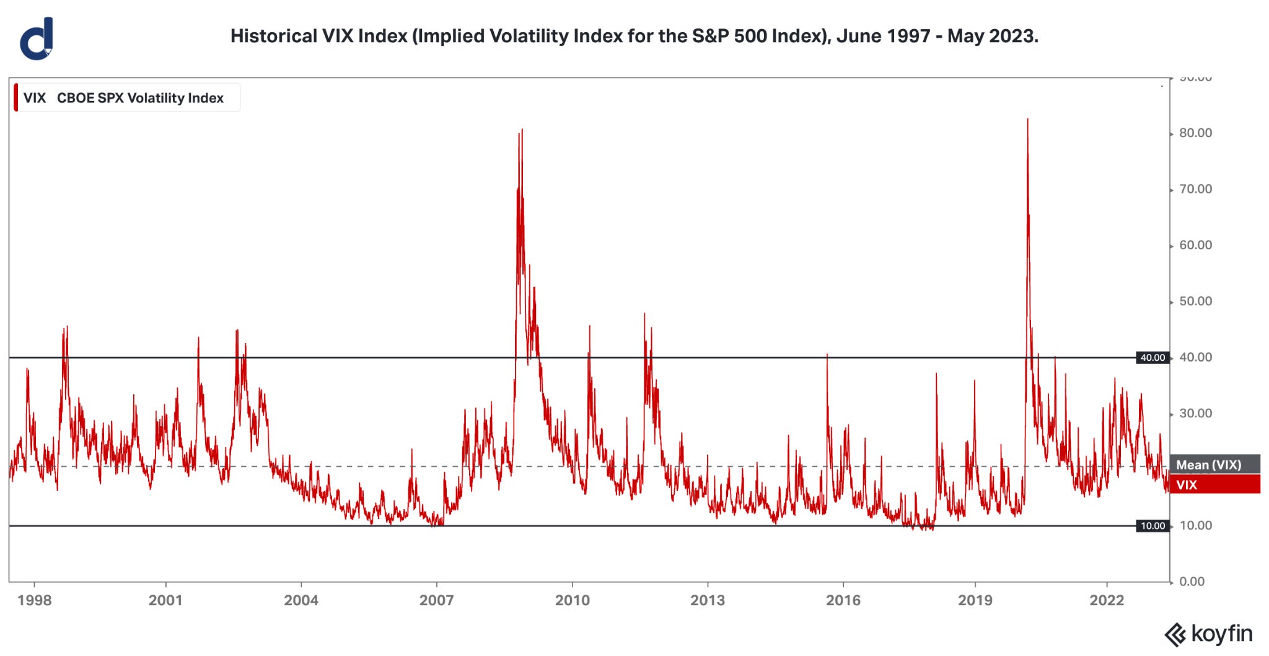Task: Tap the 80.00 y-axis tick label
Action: pos(1195,133)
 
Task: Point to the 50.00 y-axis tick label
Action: pos(1195,301)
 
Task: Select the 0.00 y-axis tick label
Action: pos(1192,582)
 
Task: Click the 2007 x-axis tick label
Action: pos(436,600)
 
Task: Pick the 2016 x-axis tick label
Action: pos(843,600)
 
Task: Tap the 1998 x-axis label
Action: pos(35,600)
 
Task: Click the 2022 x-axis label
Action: pos(1107,600)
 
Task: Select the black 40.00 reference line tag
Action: pos(1153,358)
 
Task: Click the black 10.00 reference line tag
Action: pos(1153,526)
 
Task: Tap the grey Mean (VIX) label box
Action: pos(1214,464)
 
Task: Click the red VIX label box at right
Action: pos(1214,484)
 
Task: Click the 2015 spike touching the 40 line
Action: pos(827,356)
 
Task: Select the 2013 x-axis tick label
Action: pos(707,600)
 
